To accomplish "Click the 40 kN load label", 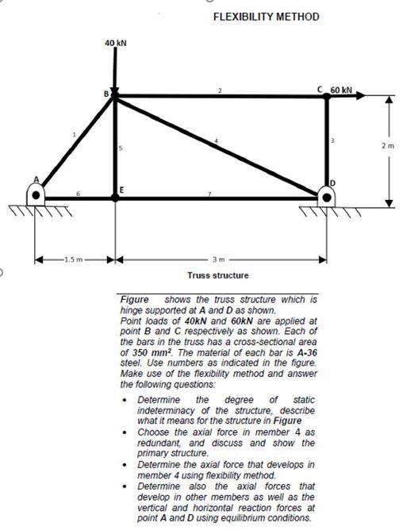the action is [x=115, y=42].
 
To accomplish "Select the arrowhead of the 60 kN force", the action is [x=364, y=96].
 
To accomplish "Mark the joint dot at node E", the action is [x=115, y=196].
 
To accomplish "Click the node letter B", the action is [x=106, y=94].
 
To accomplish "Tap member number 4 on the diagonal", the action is [x=215, y=141].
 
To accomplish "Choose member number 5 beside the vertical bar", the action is [x=121, y=148].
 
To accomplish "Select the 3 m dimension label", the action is [x=219, y=259].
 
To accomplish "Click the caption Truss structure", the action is [x=217, y=275].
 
